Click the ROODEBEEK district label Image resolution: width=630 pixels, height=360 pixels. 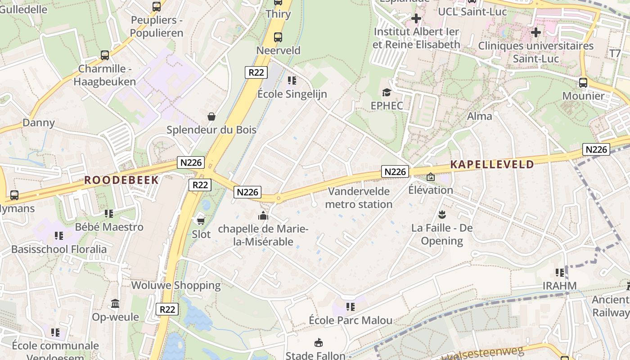pos(121,180)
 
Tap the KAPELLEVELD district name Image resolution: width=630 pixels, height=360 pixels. pos(492,164)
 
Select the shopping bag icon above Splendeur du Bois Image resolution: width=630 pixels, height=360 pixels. pos(211,117)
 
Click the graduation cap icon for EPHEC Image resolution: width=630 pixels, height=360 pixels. pos(387,93)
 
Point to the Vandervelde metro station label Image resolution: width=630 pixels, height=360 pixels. pos(359,198)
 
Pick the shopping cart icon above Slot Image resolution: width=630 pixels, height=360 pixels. pos(201,221)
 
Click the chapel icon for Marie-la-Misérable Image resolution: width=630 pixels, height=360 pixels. pos(263,216)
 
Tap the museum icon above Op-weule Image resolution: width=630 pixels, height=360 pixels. pos(115,304)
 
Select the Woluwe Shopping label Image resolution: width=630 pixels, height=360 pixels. pos(176,285)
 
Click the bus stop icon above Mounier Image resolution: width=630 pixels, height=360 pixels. pos(583,83)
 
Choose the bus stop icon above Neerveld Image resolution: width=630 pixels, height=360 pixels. pos(278,37)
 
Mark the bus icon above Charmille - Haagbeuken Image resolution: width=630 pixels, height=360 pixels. pos(105,55)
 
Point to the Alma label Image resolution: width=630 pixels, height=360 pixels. pos(480,116)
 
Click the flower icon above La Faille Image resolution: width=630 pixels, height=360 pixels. pos(442,215)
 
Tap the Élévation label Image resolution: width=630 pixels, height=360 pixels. pos(431,190)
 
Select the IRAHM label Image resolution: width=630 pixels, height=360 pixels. pos(559,286)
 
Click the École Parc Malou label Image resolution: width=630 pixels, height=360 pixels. pos(351,320)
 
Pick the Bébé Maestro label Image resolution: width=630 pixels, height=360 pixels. pos(109,227)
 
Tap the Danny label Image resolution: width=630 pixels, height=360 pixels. pos(39,123)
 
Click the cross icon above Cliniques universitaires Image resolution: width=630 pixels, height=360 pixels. pos(535,32)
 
